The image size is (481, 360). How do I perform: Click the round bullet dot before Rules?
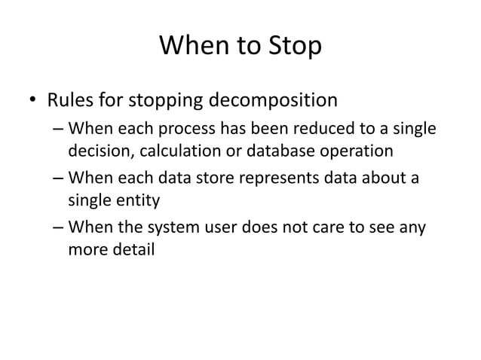(x=32, y=100)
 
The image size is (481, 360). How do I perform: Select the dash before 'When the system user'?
(x=59, y=227)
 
